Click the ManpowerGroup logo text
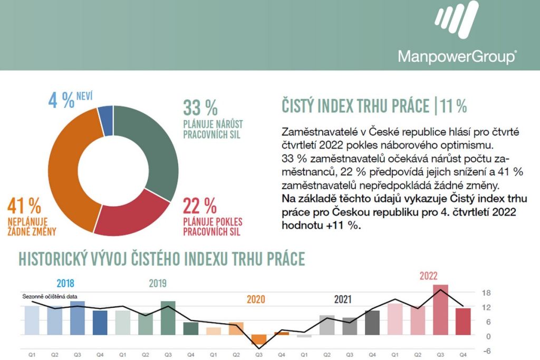coord(457,56)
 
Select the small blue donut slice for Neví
coord(105,113)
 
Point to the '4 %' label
coord(61,101)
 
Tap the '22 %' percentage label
coord(200,204)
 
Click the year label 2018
coord(65,283)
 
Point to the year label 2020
coord(256,300)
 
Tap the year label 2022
coord(428,276)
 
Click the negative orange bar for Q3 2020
coord(259,340)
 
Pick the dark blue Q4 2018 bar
coord(100,323)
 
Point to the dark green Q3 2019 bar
coord(168,318)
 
